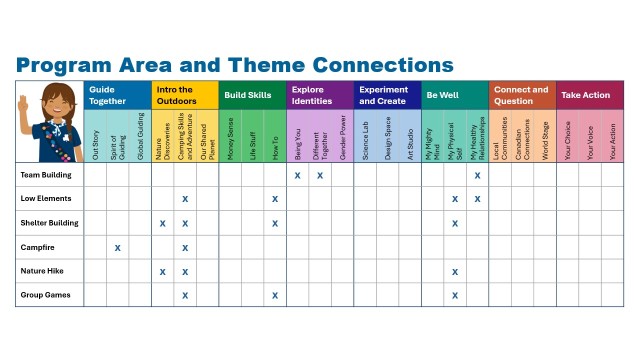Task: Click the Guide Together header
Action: pyautogui.click(x=107, y=95)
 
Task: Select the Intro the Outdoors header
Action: pyautogui.click(x=176, y=95)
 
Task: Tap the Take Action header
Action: pyautogui.click(x=585, y=95)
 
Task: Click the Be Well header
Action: pyautogui.click(x=442, y=95)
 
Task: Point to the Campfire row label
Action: pyautogui.click(x=37, y=247)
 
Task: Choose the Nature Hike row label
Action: pyautogui.click(x=42, y=271)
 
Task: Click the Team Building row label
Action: pyautogui.click(x=46, y=175)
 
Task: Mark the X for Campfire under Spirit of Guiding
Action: pyautogui.click(x=117, y=248)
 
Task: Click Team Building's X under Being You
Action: pyautogui.click(x=297, y=175)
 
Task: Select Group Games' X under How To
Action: pyautogui.click(x=275, y=295)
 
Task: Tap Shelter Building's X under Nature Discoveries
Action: pyautogui.click(x=162, y=223)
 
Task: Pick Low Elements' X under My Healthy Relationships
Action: pyautogui.click(x=477, y=199)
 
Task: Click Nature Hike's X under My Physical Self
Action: pyautogui.click(x=455, y=271)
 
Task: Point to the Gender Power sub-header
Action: pyautogui.click(x=342, y=137)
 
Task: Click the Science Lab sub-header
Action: pyautogui.click(x=365, y=140)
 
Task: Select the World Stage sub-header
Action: pyautogui.click(x=545, y=140)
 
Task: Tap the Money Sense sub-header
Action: pyautogui.click(x=230, y=139)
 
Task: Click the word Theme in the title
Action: pyautogui.click(x=266, y=65)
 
